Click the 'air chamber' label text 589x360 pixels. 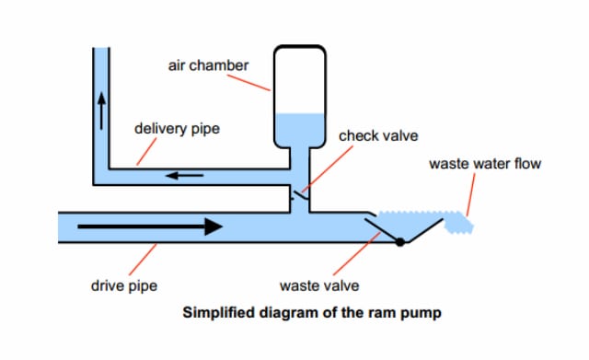coord(208,65)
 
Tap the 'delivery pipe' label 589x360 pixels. coord(177,129)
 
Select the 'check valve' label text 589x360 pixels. coord(378,135)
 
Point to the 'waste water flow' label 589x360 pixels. coord(485,164)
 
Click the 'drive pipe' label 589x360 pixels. coord(124,285)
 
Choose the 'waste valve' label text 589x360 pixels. coord(319,285)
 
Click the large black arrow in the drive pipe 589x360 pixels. coord(150,226)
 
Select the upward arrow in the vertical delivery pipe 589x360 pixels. coord(101,111)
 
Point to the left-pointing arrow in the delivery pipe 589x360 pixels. coord(185,175)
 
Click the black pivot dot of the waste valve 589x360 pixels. coord(400,242)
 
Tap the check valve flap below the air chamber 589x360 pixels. coord(301,195)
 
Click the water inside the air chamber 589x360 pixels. coord(300,130)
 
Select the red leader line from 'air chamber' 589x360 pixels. coord(248,83)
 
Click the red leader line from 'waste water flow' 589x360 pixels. coord(470,194)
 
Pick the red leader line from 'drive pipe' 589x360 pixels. coord(143,260)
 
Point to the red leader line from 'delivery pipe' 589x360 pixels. coord(146,151)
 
